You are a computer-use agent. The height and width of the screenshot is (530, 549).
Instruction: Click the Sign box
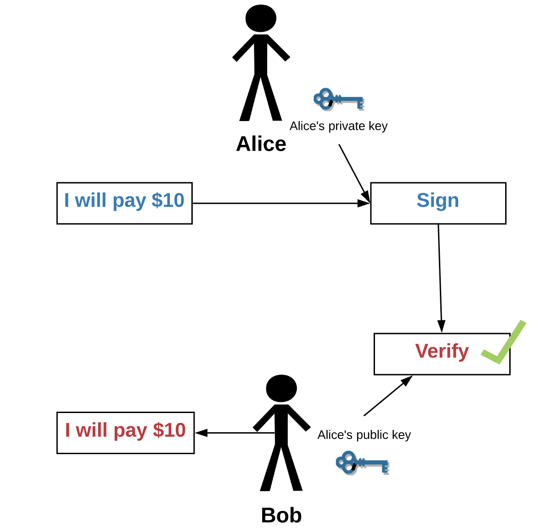438,203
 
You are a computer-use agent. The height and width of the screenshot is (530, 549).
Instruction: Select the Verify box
442,354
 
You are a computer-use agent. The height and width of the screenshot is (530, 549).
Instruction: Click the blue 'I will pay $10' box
124,203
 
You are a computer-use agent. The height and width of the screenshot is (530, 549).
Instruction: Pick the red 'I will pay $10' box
125,433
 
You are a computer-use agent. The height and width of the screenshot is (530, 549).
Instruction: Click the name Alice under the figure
261,144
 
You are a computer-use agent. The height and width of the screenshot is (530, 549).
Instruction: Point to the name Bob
281,515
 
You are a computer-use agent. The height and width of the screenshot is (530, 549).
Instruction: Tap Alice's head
261,19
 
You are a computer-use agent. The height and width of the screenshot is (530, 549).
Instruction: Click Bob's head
281,389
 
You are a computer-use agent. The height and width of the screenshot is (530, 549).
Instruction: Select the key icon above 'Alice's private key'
338,100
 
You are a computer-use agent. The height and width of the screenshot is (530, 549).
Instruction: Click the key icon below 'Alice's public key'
362,463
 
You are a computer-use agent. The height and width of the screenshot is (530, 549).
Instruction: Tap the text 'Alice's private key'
338,126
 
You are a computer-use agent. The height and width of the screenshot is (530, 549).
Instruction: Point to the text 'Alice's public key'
364,435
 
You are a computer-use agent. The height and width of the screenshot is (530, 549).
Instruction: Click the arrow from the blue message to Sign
281,203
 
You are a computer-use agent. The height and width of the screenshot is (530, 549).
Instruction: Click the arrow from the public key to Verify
387,396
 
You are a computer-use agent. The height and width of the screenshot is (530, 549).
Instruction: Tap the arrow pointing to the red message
235,433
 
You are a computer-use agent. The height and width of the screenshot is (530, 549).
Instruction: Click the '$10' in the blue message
168,201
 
